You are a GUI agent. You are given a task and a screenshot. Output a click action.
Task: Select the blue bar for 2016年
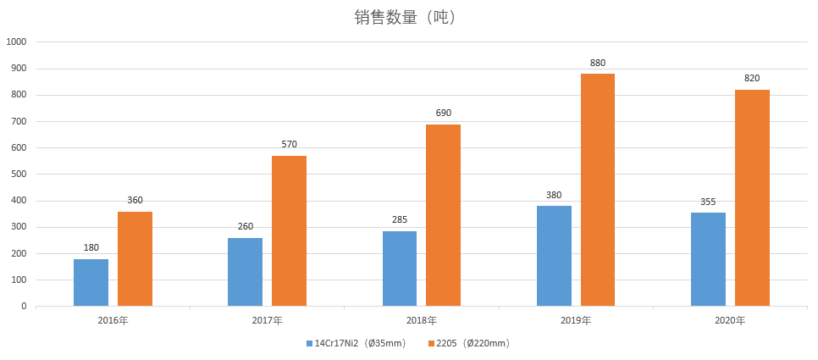tap(91, 282)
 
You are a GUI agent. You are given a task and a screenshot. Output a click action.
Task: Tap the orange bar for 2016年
tap(135, 258)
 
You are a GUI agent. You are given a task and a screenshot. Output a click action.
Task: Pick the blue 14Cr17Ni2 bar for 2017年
tap(245, 272)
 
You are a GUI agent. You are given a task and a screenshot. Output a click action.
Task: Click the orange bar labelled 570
tap(289, 230)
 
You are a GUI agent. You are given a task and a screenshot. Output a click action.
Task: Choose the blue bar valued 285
tap(400, 269)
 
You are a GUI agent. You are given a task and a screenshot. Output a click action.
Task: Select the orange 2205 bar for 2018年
tap(443, 215)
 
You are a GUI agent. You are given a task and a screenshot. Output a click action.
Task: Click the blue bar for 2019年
tap(554, 256)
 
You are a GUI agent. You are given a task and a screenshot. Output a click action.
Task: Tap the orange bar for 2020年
tap(752, 197)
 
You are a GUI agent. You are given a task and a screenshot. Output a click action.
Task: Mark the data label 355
tap(708, 202)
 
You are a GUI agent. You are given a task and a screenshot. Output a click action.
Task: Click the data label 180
tap(91, 248)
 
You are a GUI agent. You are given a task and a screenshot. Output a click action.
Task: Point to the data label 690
tap(443, 113)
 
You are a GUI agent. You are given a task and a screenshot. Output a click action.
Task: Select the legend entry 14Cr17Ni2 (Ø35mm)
tap(356, 343)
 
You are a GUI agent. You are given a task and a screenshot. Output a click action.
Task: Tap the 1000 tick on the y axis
tap(17, 42)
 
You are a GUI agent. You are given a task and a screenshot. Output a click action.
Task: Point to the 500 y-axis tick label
tap(19, 174)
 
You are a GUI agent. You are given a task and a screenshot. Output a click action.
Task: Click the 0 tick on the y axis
tap(24, 306)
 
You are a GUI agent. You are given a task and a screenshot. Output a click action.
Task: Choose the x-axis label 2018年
tap(421, 320)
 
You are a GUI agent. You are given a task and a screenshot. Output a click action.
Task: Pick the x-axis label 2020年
tap(730, 320)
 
